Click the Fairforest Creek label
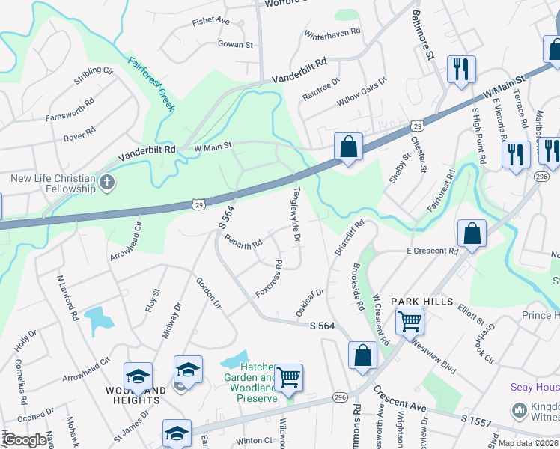coord(151,84)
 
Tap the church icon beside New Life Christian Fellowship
coord(107,182)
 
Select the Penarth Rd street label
coord(243,242)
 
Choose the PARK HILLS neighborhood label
coord(421,301)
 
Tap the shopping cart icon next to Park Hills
coord(410,320)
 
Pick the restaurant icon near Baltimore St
coord(460,69)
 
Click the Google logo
coord(25,440)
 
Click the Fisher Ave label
coord(210,22)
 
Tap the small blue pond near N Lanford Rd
coord(98,320)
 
